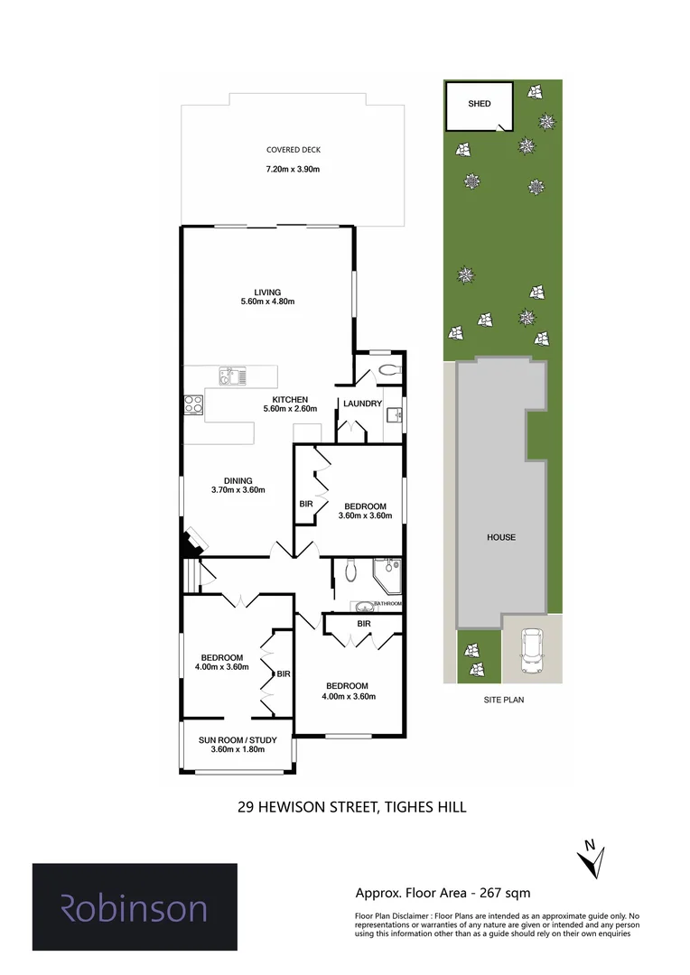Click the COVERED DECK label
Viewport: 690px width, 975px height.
point(294,150)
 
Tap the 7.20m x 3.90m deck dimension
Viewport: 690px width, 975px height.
point(294,169)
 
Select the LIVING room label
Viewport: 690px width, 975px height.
point(267,292)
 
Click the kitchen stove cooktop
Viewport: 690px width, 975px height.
point(193,404)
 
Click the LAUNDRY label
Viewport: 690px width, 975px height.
point(361,404)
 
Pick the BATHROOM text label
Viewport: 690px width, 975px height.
point(387,603)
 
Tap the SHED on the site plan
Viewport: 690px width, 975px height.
point(480,105)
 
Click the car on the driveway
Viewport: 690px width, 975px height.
point(532,650)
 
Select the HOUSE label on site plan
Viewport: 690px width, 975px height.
point(501,537)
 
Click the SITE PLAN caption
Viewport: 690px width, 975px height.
point(501,699)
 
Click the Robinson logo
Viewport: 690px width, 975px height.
point(135,907)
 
